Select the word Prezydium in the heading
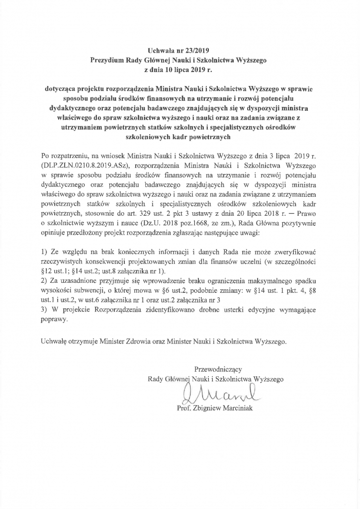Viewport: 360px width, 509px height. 107,60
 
